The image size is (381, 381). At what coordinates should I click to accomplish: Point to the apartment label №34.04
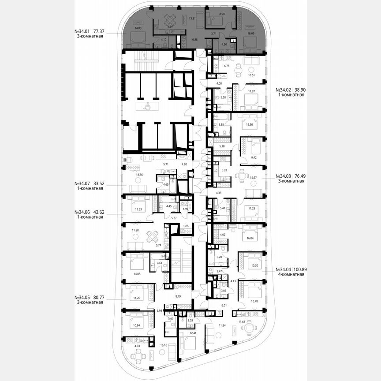coord(284,269)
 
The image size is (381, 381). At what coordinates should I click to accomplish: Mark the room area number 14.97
coord(253,177)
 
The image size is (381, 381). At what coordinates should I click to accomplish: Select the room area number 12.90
coord(250,125)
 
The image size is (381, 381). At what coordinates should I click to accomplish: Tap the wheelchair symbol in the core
coord(149,106)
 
